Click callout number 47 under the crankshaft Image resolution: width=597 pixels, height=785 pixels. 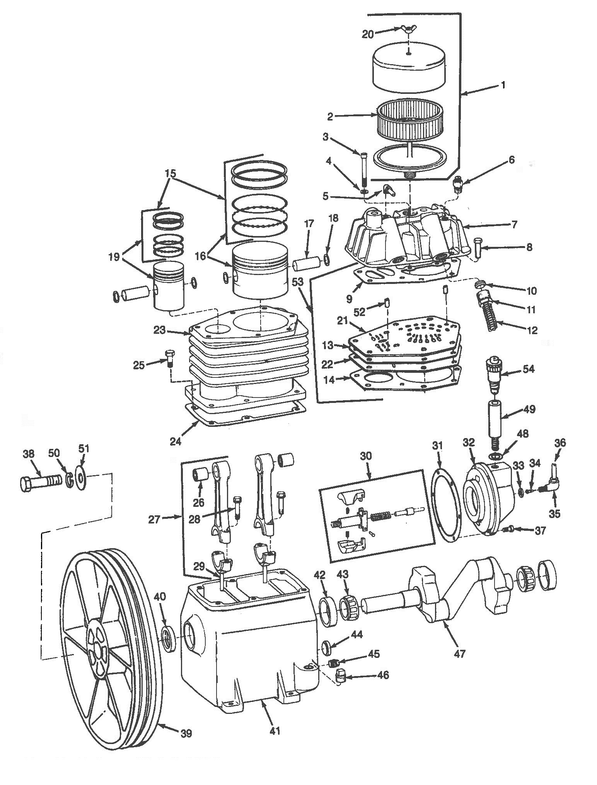(x=459, y=653)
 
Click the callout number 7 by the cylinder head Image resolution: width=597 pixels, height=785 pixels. (x=514, y=224)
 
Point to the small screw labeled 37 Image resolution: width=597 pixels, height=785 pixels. (x=508, y=530)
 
